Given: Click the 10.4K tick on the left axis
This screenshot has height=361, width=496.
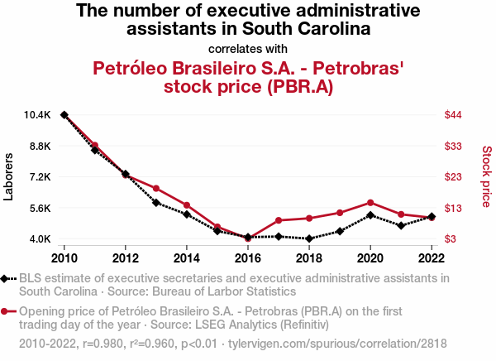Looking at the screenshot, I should [39, 115].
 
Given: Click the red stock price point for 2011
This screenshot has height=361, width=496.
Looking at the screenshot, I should [95, 146].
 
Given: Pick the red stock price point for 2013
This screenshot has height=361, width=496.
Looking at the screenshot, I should [156, 189].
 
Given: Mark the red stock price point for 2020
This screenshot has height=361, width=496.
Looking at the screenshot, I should [370, 203].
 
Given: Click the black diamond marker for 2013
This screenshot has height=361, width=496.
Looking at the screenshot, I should [156, 202].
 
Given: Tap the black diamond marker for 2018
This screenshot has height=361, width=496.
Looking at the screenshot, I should [309, 238].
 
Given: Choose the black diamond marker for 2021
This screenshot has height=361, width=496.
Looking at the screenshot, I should [401, 225].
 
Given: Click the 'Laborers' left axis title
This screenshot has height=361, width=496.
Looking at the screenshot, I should [9, 176].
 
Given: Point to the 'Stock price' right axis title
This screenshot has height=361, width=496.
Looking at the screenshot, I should [486, 176].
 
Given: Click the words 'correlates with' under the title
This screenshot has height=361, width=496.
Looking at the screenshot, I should [248, 48].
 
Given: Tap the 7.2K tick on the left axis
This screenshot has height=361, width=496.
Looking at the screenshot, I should [39, 177].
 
